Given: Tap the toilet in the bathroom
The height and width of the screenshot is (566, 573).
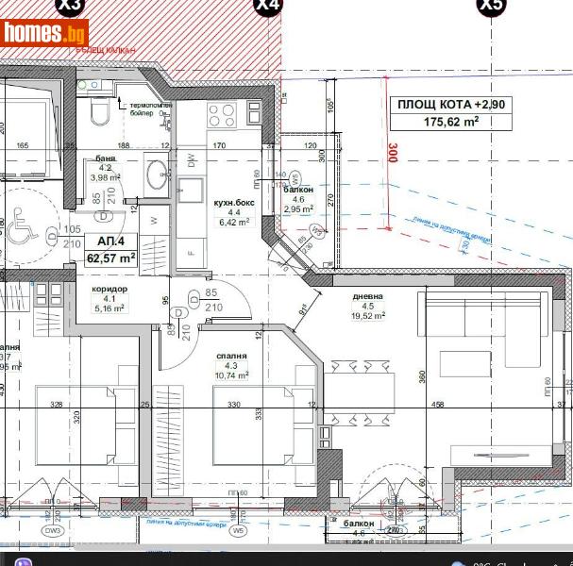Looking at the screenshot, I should [98, 112].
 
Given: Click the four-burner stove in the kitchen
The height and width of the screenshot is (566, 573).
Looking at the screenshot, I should [221, 116].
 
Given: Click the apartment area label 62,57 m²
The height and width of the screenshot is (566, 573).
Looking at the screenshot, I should [110, 256].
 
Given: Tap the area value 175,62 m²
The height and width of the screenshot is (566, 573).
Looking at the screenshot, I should [451, 122].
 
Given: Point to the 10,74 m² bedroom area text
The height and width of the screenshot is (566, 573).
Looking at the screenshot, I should [230, 375].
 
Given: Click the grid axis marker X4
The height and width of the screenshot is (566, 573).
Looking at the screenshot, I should [268, 6].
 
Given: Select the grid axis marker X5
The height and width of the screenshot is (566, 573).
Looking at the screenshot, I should [491, 6].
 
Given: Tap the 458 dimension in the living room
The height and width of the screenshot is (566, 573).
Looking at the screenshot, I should [438, 405].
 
